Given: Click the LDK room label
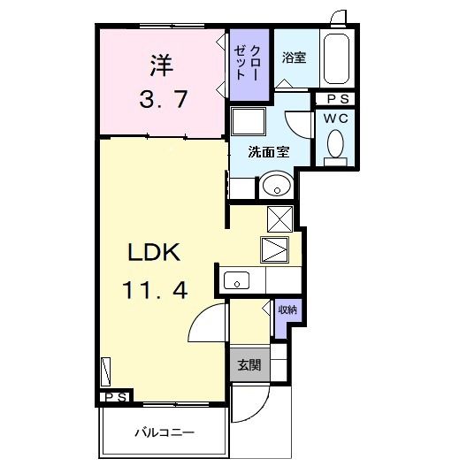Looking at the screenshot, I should (x=155, y=252).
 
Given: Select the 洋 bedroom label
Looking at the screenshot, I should (x=160, y=65).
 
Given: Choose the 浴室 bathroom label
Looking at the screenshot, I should (x=294, y=58).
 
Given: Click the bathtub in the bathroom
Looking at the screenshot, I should (x=336, y=59).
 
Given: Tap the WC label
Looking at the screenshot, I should (x=335, y=118).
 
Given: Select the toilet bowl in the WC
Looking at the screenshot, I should (x=335, y=142).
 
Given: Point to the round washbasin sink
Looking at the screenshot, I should (x=276, y=187).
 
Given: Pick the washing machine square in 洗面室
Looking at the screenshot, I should (x=247, y=121).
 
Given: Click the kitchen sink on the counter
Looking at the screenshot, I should (x=237, y=281).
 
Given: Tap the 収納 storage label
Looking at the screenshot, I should (x=287, y=310).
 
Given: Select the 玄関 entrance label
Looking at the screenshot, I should (x=248, y=365).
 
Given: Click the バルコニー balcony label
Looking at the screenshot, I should (x=165, y=433).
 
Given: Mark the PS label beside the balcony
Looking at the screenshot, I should (x=116, y=398).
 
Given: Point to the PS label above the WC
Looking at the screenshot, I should (x=337, y=99).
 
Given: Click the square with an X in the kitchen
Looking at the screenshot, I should (x=279, y=218).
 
